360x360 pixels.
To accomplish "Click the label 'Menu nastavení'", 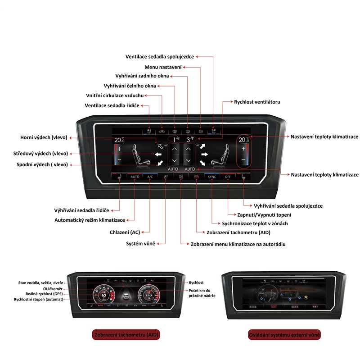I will (x=163, y=67).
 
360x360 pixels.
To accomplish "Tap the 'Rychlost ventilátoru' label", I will (x=257, y=102).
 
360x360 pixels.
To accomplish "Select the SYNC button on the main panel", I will (x=212, y=177).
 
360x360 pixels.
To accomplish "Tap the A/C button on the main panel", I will (x=150, y=177).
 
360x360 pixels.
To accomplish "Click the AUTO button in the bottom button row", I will (x=135, y=177).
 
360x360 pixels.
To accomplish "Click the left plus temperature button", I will (x=119, y=148).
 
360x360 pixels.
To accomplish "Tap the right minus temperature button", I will (x=243, y=160).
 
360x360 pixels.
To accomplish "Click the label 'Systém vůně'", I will (x=140, y=243).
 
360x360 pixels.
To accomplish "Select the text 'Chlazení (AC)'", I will (x=126, y=232).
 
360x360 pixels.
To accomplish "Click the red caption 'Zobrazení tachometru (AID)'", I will (x=126, y=335).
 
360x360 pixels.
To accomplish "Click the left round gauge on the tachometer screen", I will (x=103, y=296).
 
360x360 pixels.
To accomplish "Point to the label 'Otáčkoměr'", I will (x=53, y=288).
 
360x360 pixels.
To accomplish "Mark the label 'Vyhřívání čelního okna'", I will (x=130, y=86).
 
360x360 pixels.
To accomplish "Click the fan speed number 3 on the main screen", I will (x=188, y=140).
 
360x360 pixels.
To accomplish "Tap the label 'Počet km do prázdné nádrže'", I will (x=202, y=292).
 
